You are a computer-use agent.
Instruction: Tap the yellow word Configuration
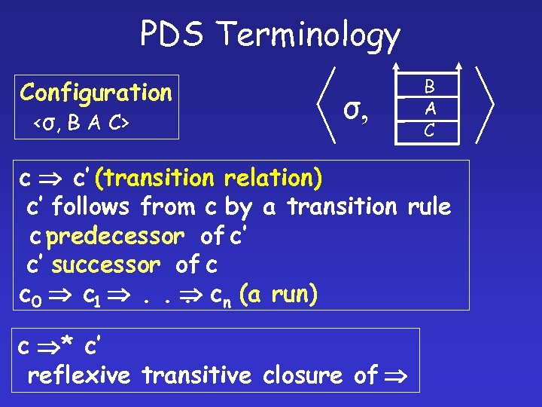coord(96,93)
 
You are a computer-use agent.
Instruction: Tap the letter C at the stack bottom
coord(428,130)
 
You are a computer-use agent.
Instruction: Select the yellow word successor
coord(106,265)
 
